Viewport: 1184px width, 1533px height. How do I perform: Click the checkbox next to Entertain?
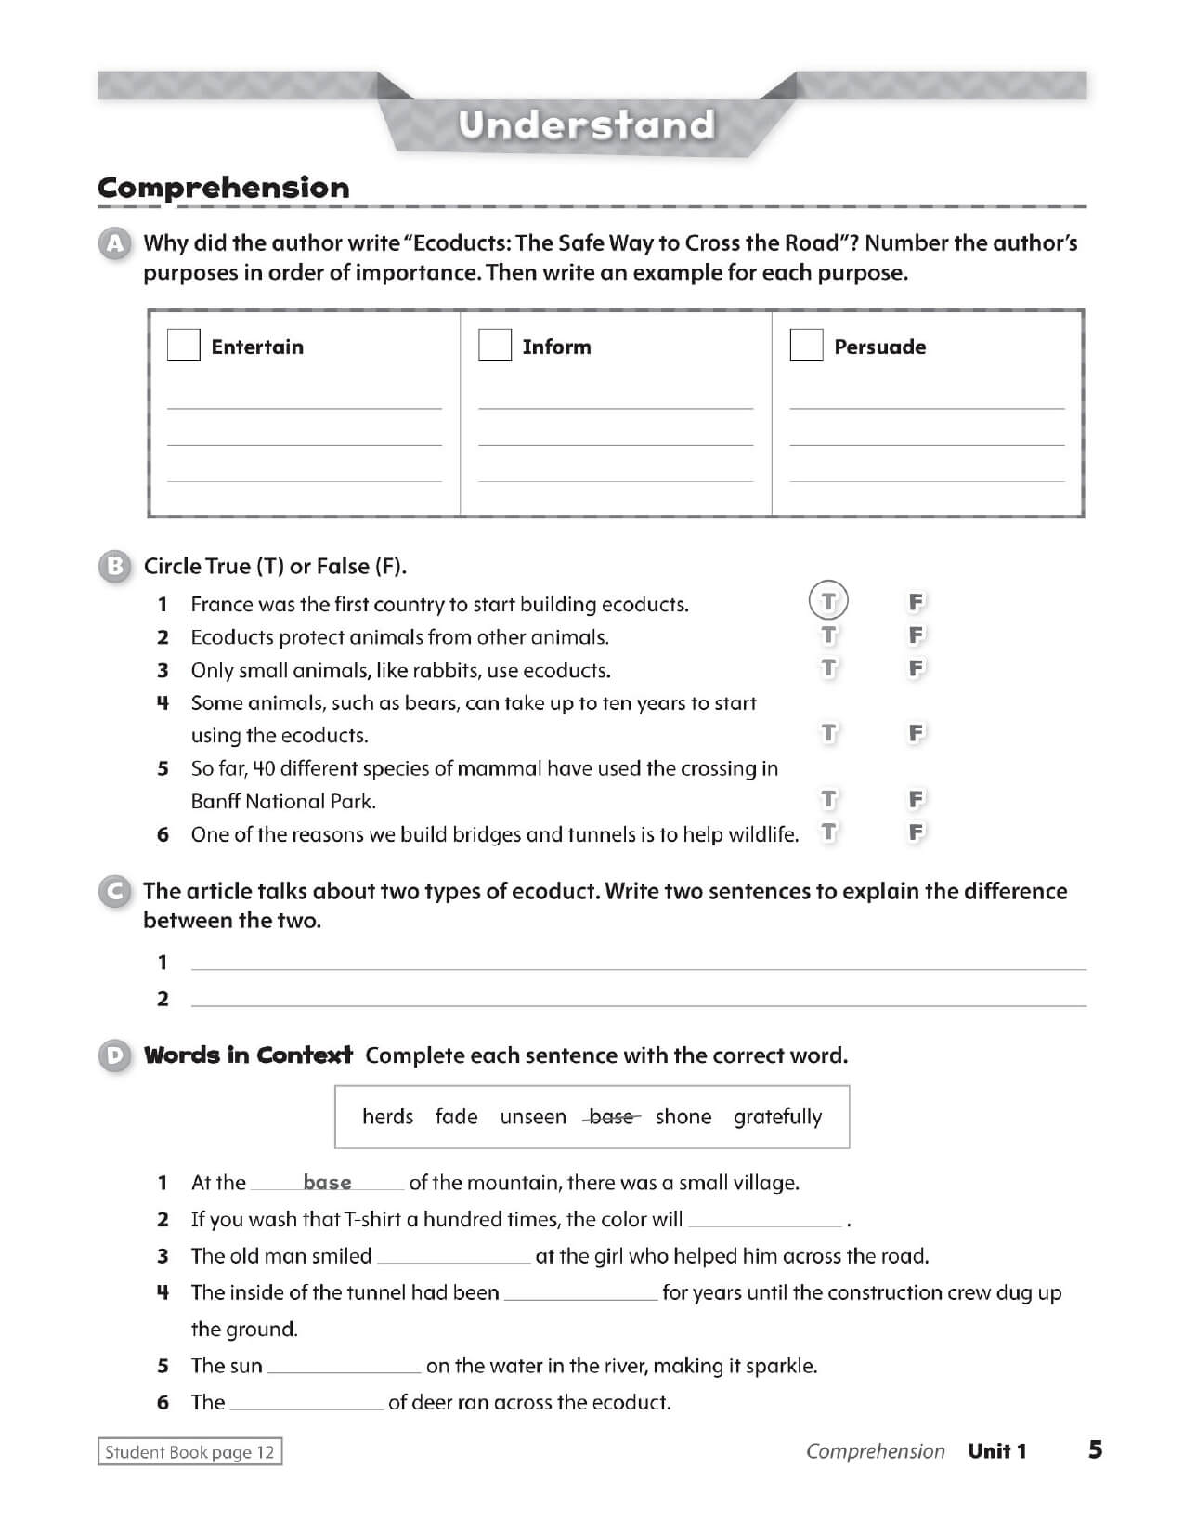[184, 346]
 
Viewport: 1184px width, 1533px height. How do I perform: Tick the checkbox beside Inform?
[495, 346]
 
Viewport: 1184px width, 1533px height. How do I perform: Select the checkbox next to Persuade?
[806, 346]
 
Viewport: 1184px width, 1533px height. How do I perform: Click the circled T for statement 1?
[828, 601]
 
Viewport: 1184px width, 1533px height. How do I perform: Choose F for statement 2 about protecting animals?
[916, 635]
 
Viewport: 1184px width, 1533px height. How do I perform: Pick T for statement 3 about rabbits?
[828, 668]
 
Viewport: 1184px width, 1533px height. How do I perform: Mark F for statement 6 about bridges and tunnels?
[916, 832]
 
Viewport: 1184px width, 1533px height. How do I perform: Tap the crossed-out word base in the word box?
[611, 1117]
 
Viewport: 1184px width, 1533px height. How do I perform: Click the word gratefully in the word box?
[777, 1117]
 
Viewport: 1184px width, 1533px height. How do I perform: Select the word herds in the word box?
[387, 1117]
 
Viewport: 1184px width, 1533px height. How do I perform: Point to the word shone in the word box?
[683, 1117]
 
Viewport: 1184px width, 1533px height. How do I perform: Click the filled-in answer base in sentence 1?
[327, 1183]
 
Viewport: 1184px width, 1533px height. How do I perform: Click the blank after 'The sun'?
[344, 1366]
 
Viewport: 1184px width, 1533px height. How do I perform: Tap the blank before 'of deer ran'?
[306, 1402]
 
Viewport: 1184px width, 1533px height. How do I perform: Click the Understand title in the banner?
[587, 124]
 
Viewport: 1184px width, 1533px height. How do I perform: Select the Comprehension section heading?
[224, 188]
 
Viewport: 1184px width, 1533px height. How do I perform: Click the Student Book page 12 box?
[189, 1452]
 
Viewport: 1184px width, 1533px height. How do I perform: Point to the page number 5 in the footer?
[1096, 1449]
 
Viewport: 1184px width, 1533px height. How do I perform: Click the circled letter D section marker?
[114, 1056]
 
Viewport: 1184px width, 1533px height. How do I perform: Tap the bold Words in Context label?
[248, 1055]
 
